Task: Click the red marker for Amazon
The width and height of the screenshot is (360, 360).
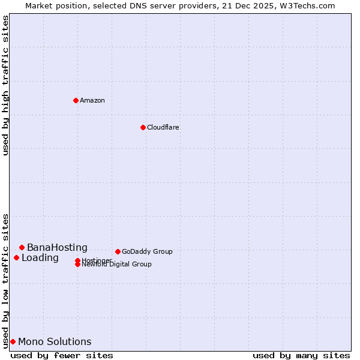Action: [76, 100]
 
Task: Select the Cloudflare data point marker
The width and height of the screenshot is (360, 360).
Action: [143, 127]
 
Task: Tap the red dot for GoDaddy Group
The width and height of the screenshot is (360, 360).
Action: [118, 251]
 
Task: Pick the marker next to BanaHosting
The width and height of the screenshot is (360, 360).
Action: [22, 247]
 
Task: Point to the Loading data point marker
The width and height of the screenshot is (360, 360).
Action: [16, 257]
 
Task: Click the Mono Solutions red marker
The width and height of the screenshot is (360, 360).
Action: [13, 341]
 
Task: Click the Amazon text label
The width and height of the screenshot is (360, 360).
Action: [92, 100]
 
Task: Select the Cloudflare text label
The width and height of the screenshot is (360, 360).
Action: [163, 127]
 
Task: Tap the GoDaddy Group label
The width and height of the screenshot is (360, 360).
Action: [147, 251]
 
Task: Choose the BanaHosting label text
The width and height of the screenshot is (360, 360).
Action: [57, 247]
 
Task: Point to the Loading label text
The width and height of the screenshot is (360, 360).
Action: [40, 258]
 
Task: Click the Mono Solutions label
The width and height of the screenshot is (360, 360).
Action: [55, 342]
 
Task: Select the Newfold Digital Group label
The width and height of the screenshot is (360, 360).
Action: [116, 264]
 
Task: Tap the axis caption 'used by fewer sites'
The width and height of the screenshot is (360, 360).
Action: [62, 355]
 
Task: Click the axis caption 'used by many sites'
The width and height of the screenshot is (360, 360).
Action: [301, 355]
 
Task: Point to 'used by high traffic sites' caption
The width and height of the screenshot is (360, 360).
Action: [5, 85]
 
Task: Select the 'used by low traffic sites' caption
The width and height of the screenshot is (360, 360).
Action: [5, 280]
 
